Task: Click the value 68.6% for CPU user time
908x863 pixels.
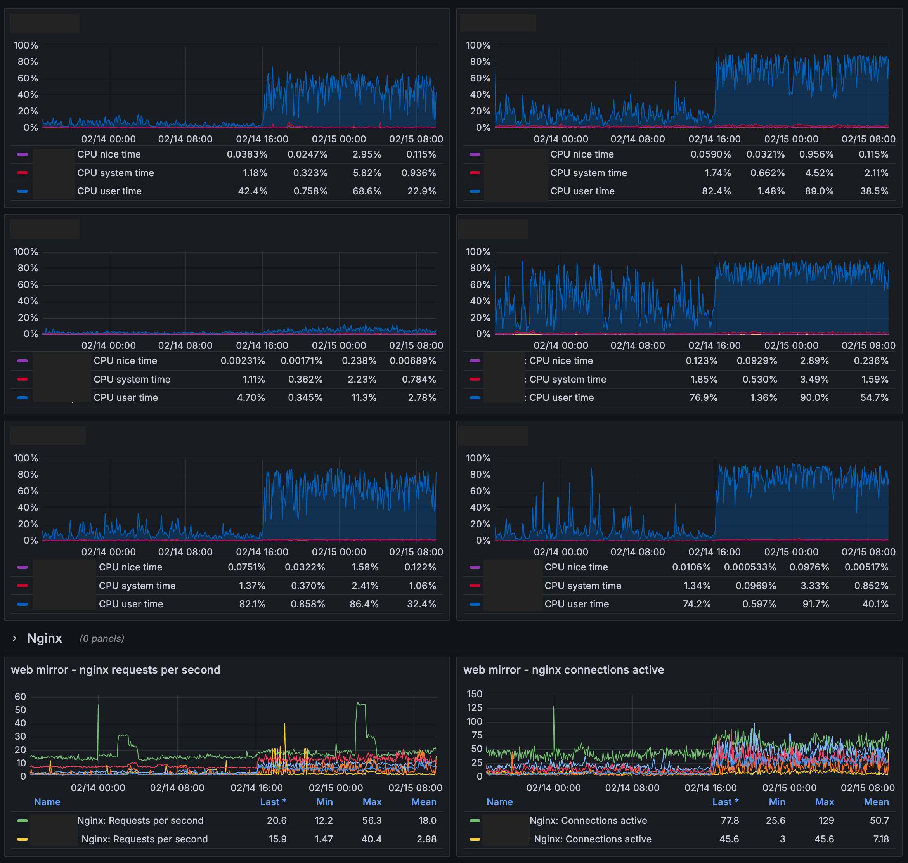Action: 367,191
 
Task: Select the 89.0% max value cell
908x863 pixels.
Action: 819,191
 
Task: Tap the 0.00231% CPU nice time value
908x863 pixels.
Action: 243,360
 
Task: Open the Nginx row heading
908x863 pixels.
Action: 44,638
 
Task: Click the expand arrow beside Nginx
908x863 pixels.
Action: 15,638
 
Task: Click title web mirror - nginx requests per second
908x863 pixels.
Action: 116,670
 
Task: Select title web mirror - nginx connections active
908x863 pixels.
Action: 563,670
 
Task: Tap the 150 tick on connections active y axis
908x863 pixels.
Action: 474,694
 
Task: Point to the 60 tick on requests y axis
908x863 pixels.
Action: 20,697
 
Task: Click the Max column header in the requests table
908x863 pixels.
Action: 372,802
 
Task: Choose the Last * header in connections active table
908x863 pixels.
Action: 725,802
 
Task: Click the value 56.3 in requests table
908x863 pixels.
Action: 372,820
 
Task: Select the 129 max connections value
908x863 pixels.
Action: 826,820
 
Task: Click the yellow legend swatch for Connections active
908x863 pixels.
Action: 475,839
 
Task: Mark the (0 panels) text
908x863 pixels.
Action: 102,638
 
